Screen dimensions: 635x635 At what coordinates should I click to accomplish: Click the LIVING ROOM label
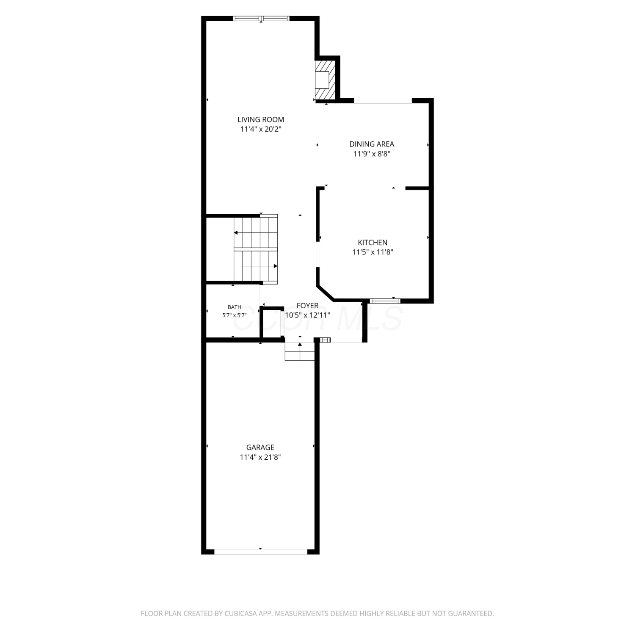coord(260,120)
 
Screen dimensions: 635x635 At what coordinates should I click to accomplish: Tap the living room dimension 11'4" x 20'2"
coord(261,130)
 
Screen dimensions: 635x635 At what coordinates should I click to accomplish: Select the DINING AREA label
coord(372,144)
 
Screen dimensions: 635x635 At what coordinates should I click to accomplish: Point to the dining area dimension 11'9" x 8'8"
coord(372,154)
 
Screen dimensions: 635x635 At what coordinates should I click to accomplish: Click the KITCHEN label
coord(373,243)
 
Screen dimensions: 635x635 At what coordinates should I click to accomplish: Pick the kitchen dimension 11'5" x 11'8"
coord(373,252)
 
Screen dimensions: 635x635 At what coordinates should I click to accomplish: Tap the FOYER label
coord(307,306)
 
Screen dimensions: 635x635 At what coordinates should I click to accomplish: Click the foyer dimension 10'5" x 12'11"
coord(307,315)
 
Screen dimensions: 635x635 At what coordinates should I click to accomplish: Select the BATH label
coord(235,307)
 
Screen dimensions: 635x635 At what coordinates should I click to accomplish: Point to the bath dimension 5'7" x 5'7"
coord(235,315)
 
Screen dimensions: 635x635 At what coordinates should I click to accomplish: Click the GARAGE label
coord(260,447)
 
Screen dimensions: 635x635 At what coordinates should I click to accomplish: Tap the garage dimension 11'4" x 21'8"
coord(260,457)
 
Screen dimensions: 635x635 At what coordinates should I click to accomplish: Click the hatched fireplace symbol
coord(325,80)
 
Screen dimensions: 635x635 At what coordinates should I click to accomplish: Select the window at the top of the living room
coord(261,19)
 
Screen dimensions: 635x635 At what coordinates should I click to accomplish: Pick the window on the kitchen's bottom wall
coord(385,301)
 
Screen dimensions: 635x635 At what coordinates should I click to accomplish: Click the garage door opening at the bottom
coord(261,552)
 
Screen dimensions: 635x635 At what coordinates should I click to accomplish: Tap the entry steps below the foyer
coord(300,351)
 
